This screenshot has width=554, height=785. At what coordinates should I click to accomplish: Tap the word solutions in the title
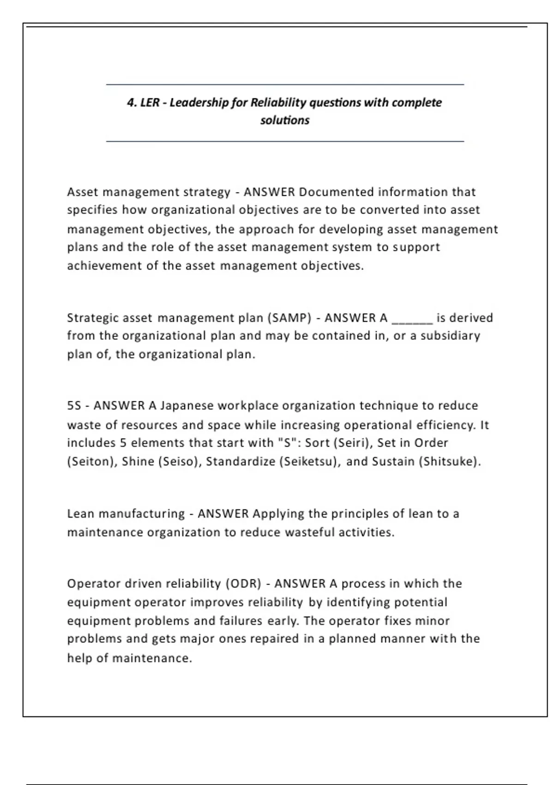pos(284,121)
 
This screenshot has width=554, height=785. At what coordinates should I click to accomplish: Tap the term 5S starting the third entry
pos(74,406)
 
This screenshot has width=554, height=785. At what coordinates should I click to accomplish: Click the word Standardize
pos(241,462)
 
